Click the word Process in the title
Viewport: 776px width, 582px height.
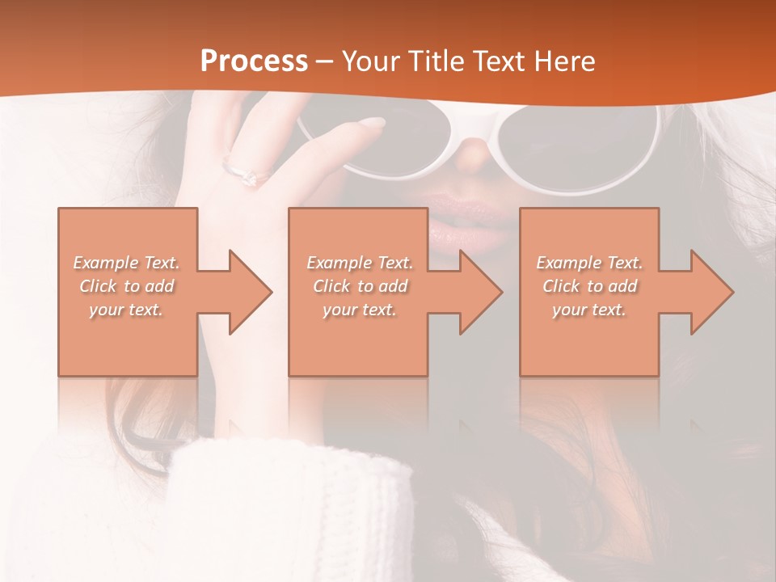point(254,61)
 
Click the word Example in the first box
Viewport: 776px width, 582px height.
point(106,263)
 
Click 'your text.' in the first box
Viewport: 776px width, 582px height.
point(126,310)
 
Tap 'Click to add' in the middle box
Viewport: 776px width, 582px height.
point(360,286)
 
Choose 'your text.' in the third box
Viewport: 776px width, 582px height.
point(589,310)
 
